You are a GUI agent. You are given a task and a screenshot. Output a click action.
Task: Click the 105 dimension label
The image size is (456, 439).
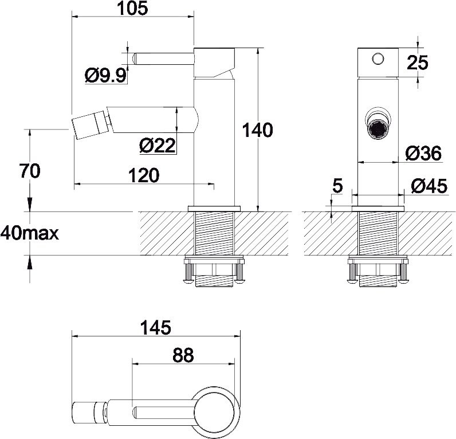click(132, 8)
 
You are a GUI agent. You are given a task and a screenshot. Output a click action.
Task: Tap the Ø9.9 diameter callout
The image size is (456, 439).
click(106, 75)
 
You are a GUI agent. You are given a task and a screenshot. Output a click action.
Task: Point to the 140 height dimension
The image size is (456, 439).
click(257, 130)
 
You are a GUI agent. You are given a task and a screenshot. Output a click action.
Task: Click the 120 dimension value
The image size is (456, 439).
click(144, 175)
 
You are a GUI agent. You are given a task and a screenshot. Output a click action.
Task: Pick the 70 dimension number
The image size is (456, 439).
click(30, 171)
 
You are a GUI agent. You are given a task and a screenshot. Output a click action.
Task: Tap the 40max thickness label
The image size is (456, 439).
click(29, 233)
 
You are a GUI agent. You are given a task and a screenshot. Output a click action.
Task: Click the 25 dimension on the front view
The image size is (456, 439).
click(417, 62)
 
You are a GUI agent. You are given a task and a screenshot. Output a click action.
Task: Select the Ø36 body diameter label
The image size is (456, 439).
click(423, 153)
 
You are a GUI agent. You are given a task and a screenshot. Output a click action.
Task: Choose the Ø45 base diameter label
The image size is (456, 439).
click(429, 186)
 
